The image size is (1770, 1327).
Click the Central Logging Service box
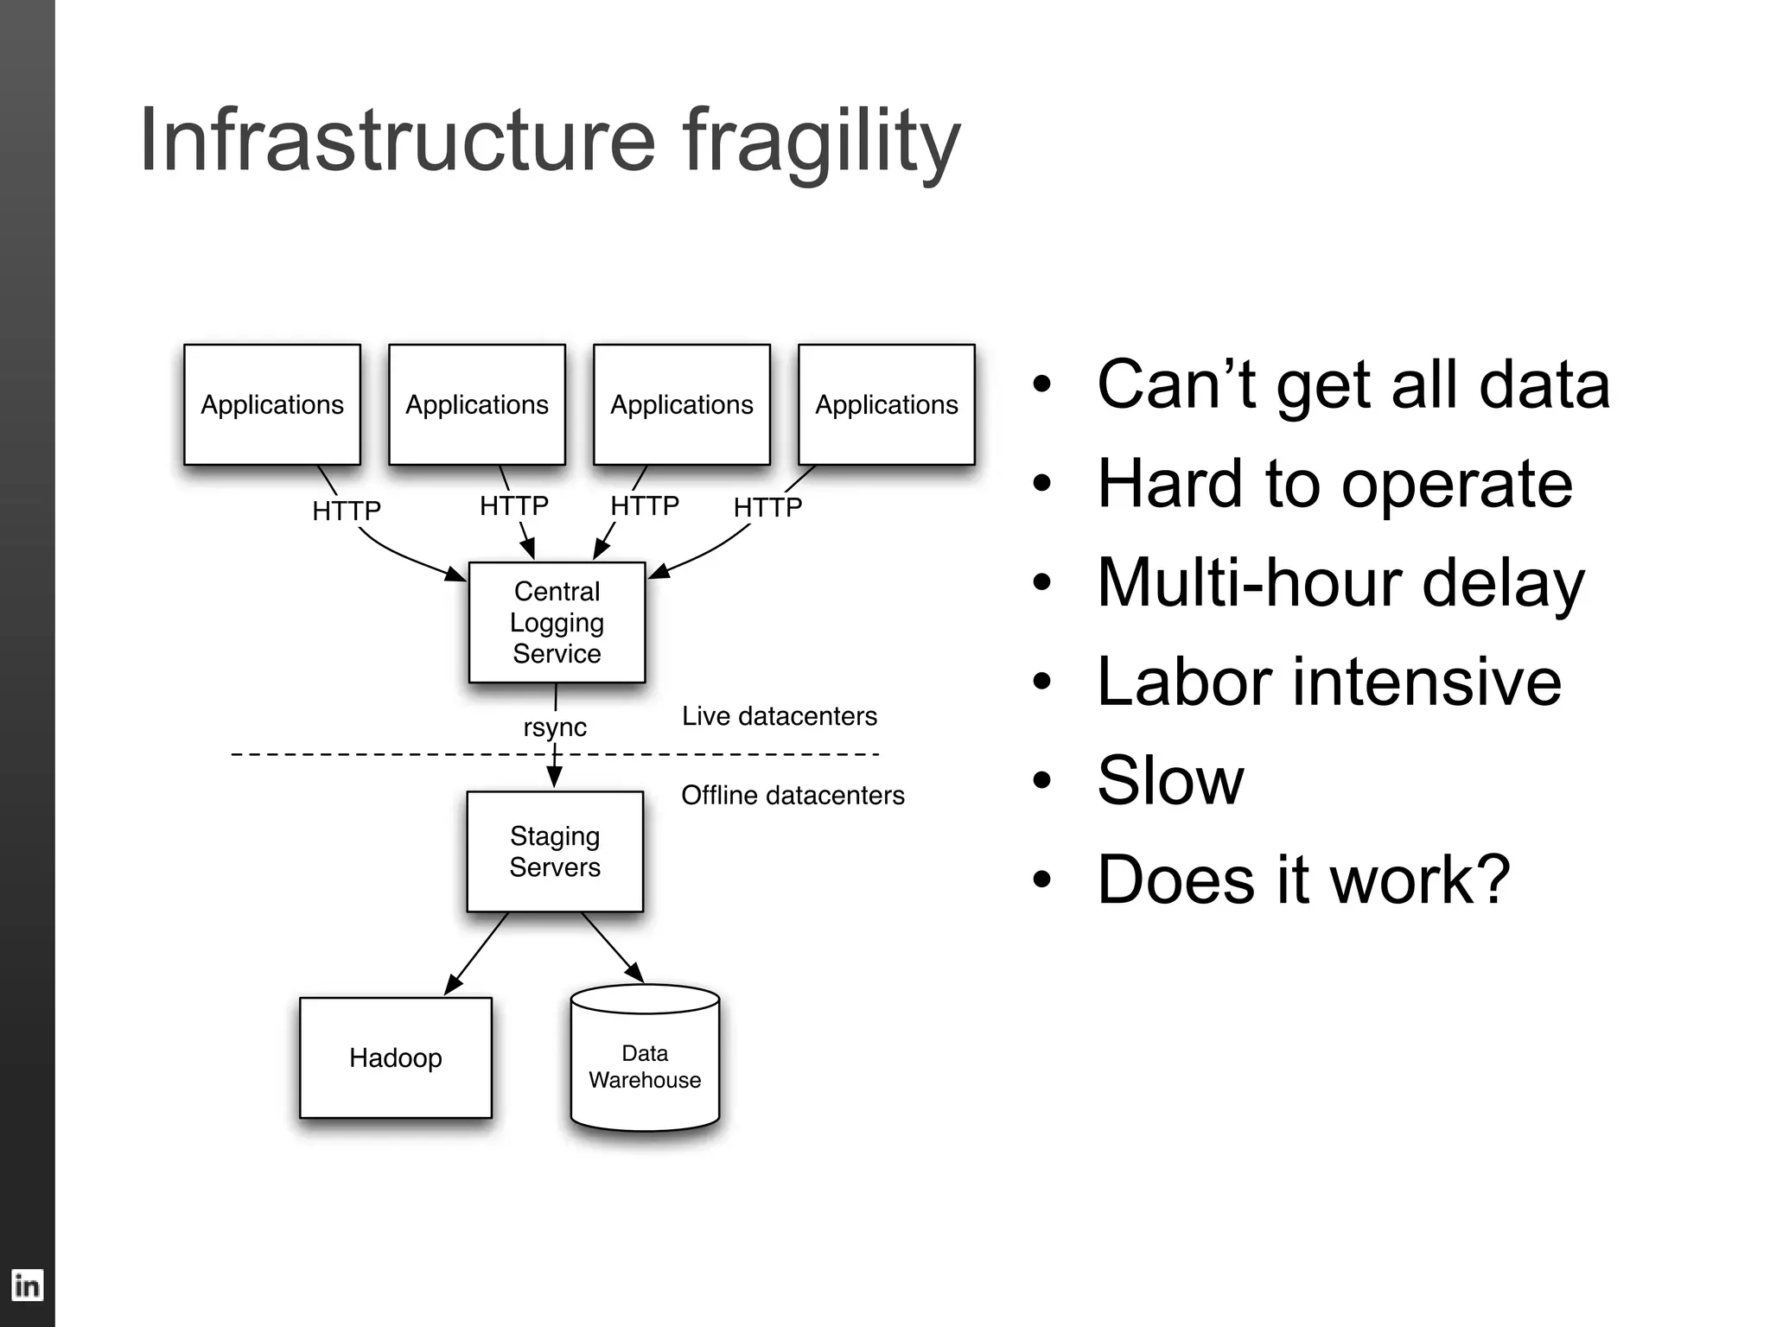tap(557, 622)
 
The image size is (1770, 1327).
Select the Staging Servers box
tap(555, 851)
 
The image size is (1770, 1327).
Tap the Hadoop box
tap(396, 1057)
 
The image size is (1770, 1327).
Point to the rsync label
tap(555, 727)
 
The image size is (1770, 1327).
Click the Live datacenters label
tap(779, 716)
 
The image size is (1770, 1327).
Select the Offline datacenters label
tap(793, 795)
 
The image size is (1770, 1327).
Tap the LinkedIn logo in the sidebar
tap(27, 1286)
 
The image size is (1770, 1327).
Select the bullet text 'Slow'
tap(1170, 780)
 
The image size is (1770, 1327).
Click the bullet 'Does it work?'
tap(1303, 879)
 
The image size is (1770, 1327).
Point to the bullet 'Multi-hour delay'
tap(1340, 582)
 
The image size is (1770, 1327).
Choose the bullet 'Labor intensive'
tap(1329, 682)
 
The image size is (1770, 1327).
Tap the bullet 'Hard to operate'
tap(1334, 484)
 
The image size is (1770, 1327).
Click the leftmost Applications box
tap(272, 404)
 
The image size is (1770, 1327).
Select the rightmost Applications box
tap(887, 404)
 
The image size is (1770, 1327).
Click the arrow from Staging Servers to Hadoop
tap(477, 953)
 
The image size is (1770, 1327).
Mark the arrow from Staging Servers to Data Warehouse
tap(613, 948)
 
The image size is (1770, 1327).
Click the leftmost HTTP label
tap(347, 511)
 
